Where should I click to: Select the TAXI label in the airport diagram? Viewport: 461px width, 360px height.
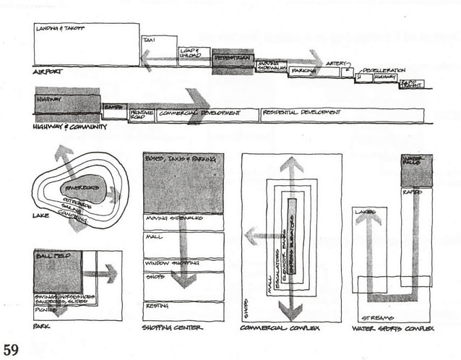click(150, 40)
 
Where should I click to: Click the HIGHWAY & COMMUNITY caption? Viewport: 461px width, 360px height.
click(69, 127)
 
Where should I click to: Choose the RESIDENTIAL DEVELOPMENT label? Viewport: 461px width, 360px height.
click(301, 112)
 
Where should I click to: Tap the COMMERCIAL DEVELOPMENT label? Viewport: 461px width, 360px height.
click(189, 113)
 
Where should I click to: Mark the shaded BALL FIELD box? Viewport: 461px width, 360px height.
click(57, 271)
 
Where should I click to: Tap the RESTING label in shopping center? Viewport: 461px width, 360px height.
click(158, 306)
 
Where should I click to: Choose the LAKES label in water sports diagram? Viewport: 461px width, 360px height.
click(365, 212)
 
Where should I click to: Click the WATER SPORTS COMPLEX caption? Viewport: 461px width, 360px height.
click(392, 327)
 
